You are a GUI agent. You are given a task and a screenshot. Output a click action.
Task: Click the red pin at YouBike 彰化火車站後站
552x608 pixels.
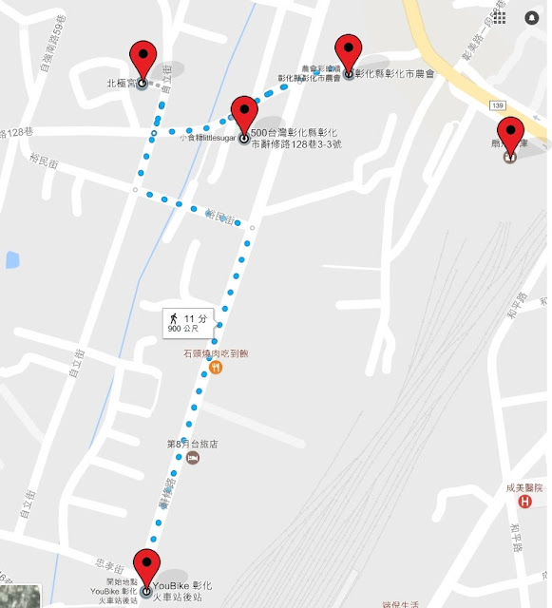[x=146, y=567]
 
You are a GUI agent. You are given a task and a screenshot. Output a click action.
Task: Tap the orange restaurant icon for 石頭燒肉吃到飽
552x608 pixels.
[x=216, y=368]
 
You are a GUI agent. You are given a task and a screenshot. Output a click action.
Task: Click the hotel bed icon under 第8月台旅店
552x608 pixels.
[x=193, y=458]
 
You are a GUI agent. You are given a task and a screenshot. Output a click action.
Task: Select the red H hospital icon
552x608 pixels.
[x=523, y=501]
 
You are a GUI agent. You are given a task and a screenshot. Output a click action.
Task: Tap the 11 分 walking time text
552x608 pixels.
[x=196, y=316]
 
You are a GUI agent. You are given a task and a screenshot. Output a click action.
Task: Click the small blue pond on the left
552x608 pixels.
[x=10, y=258]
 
